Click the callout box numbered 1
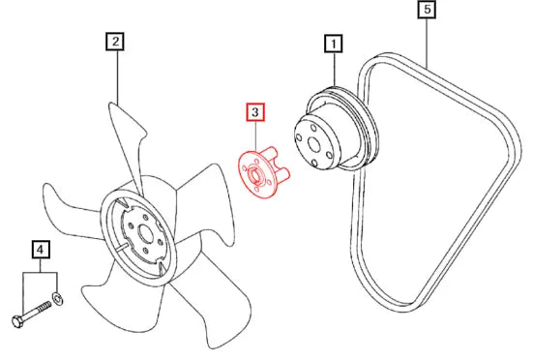click(x=334, y=44)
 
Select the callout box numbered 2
click(x=115, y=42)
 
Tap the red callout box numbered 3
click(x=255, y=112)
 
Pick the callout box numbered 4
click(x=40, y=250)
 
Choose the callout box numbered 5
click(x=428, y=9)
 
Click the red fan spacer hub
click(x=263, y=172)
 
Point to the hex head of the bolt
click(x=17, y=321)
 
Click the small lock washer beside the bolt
click(x=57, y=298)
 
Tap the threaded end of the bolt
click(x=44, y=308)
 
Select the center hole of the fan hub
click(x=146, y=234)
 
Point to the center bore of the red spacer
click(x=253, y=175)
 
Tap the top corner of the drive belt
click(x=381, y=57)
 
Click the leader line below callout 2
click(x=118, y=76)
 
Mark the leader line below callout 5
click(x=428, y=43)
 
